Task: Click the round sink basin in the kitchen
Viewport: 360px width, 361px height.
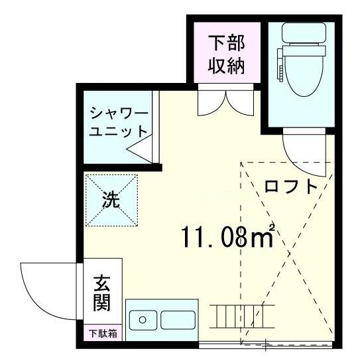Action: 142,321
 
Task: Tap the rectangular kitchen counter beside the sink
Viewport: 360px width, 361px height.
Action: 177,321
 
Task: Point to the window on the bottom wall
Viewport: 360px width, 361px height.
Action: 265,344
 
